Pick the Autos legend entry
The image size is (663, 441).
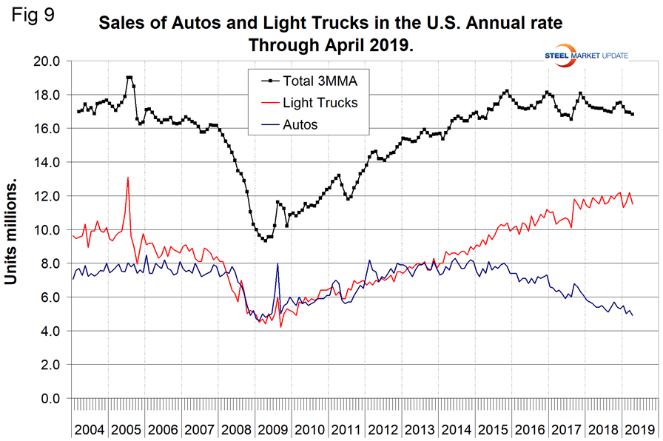point(300,124)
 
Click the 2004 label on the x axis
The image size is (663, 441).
point(90,429)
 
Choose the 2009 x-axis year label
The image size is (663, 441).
point(273,429)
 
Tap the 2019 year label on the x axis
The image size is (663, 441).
point(639,429)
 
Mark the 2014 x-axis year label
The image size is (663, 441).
point(456,429)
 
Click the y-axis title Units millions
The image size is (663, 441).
point(13,229)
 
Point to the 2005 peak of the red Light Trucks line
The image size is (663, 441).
point(128,178)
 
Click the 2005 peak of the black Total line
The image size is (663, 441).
point(129,77)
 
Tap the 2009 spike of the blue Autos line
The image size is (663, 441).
point(277,263)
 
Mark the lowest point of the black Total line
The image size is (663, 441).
point(265,240)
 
